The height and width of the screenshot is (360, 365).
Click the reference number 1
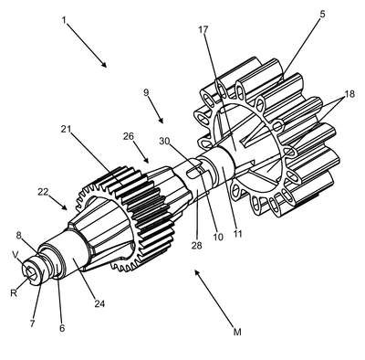pyautogui.click(x=64, y=20)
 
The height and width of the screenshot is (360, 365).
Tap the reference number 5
pyautogui.click(x=322, y=14)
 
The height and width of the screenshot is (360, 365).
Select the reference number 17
pyautogui.click(x=203, y=30)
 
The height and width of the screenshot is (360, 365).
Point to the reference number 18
pyautogui.click(x=349, y=94)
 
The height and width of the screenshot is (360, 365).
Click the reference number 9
pyautogui.click(x=146, y=92)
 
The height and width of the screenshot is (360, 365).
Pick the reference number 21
pyautogui.click(x=66, y=129)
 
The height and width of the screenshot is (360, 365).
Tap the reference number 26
pyautogui.click(x=129, y=136)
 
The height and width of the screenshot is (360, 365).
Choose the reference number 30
pyautogui.click(x=165, y=141)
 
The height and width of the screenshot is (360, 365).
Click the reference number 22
pyautogui.click(x=43, y=192)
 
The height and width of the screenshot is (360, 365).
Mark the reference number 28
pyautogui.click(x=197, y=245)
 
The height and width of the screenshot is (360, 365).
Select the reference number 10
pyautogui.click(x=218, y=237)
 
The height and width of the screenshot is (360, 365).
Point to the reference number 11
pyautogui.click(x=237, y=234)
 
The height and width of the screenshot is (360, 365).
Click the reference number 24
pyautogui.click(x=99, y=303)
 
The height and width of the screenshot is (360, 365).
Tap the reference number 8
pyautogui.click(x=19, y=237)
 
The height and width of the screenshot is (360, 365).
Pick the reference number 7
pyautogui.click(x=32, y=323)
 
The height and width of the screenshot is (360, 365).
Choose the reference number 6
pyautogui.click(x=62, y=328)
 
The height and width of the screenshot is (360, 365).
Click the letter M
pyautogui.click(x=237, y=332)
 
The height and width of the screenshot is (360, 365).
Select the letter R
pyautogui.click(x=14, y=293)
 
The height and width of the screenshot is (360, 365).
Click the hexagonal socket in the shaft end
pyautogui.click(x=30, y=270)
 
